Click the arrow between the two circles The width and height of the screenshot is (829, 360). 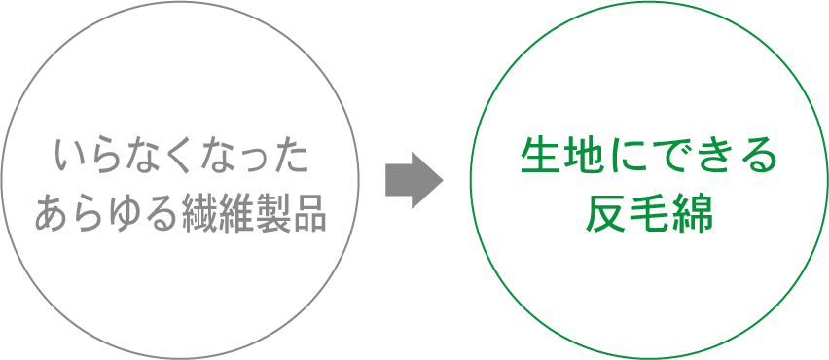tap(414, 180)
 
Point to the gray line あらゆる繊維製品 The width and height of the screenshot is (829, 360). tap(180, 212)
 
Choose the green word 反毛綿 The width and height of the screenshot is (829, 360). tap(650, 213)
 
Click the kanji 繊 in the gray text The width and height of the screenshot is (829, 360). tap(200, 212)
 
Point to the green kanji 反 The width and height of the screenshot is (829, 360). tap(605, 213)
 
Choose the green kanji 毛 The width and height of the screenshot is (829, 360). tap(650, 213)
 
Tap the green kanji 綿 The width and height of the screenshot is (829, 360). tap(694, 213)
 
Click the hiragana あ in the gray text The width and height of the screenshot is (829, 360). tap(53, 212)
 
